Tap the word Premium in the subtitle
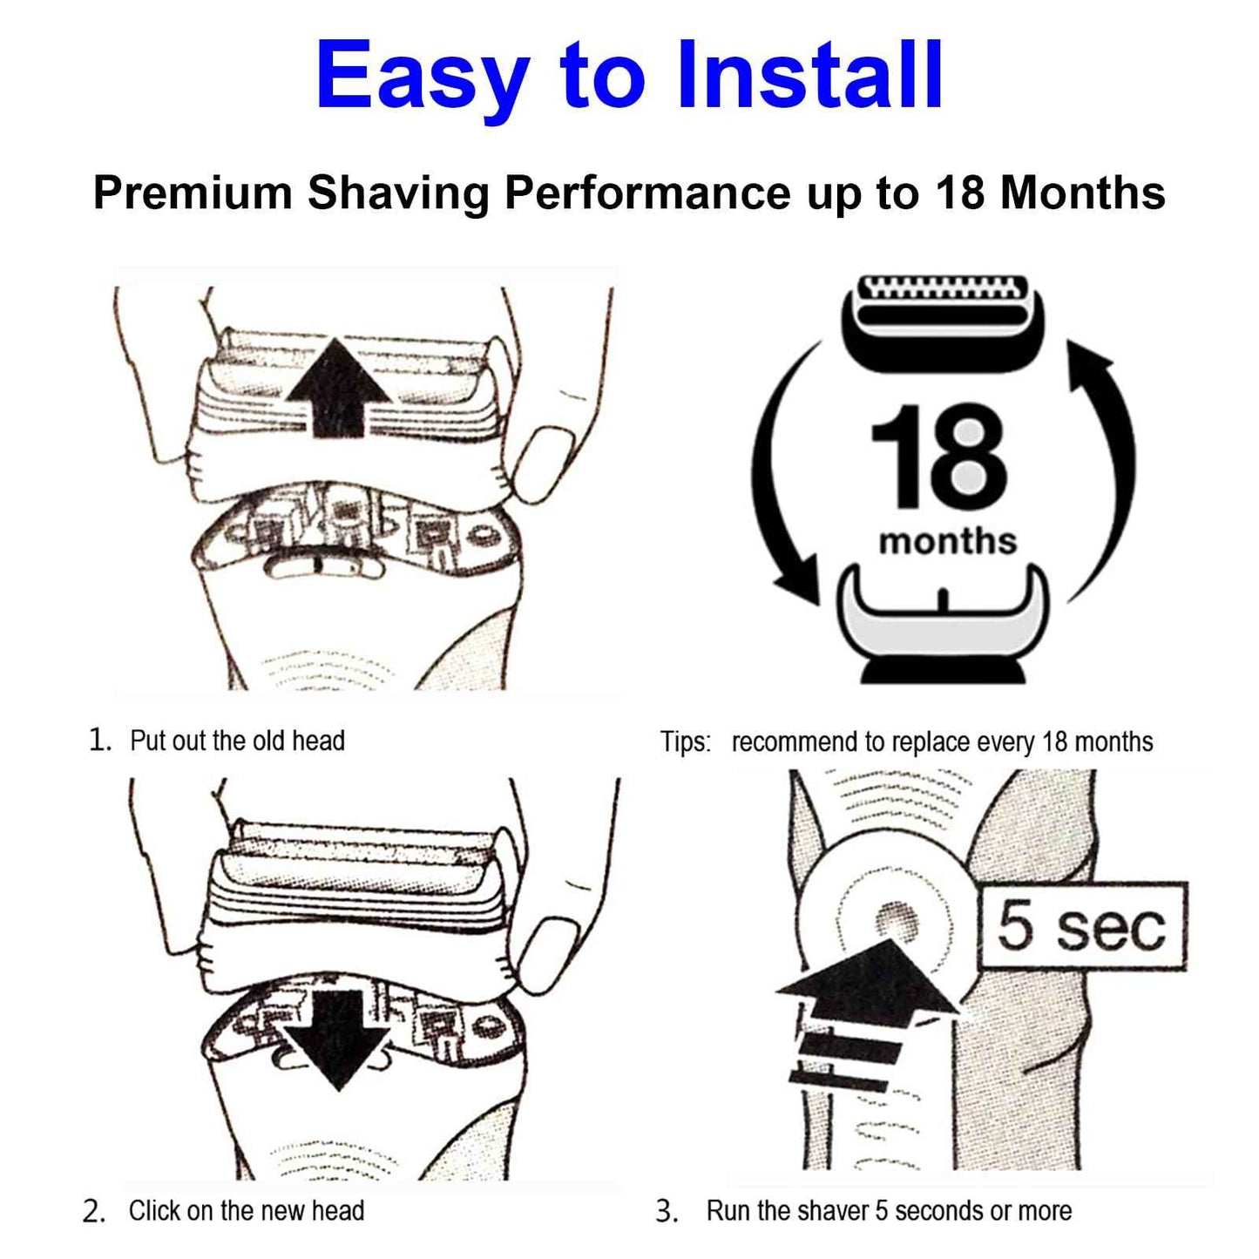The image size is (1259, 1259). [193, 193]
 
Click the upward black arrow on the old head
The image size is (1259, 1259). [338, 388]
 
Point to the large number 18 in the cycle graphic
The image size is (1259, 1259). [939, 457]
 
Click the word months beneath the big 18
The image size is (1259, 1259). [947, 541]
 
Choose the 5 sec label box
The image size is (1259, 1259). [1082, 926]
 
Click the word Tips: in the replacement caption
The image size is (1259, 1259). [686, 742]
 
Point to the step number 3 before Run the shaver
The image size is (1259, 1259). [667, 1211]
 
